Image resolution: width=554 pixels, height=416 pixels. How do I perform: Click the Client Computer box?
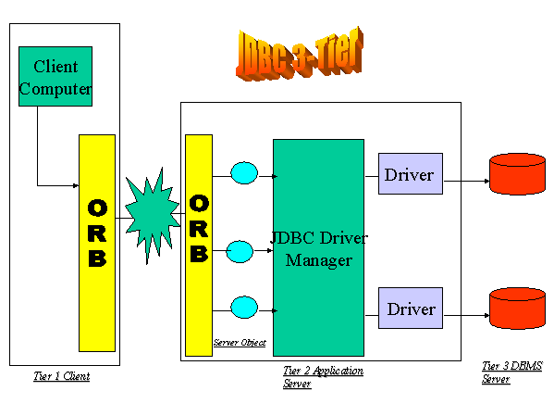click(55, 77)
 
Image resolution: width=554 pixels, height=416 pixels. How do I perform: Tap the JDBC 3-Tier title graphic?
click(300, 54)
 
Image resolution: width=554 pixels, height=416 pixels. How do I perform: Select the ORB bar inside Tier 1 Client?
click(97, 243)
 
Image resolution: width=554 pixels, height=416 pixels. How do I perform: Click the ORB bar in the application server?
click(199, 245)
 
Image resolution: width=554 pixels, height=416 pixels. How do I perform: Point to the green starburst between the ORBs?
click(152, 215)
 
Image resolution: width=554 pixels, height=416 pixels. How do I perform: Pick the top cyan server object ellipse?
click(244, 173)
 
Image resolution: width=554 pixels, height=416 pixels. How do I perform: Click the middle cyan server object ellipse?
click(240, 251)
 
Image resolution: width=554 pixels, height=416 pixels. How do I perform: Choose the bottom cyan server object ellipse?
click(244, 308)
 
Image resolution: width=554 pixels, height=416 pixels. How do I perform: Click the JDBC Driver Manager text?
click(319, 249)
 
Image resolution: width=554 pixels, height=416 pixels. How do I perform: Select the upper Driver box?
click(411, 174)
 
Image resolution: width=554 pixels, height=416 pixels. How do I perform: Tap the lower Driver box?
click(411, 308)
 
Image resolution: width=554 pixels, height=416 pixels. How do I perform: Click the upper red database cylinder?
click(517, 174)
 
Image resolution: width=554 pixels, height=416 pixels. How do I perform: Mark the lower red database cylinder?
click(517, 308)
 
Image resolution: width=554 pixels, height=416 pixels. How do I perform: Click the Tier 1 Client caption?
click(62, 376)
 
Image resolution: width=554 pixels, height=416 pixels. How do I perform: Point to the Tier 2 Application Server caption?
click(323, 377)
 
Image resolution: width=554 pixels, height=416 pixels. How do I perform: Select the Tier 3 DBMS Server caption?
click(512, 372)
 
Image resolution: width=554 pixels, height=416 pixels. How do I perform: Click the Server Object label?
click(240, 343)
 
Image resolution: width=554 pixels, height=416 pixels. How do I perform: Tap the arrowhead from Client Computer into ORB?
click(76, 185)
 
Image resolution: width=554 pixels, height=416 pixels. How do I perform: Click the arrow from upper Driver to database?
click(466, 181)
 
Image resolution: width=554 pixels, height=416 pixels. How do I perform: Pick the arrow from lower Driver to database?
click(466, 315)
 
